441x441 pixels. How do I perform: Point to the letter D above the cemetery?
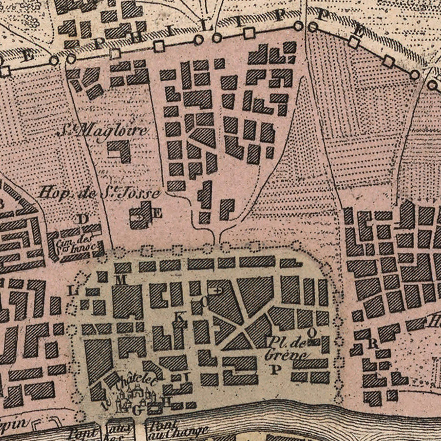83,219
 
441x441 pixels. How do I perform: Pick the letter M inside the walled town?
122,279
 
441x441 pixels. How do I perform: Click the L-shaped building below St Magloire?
120,151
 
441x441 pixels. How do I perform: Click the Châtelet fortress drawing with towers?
132,399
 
